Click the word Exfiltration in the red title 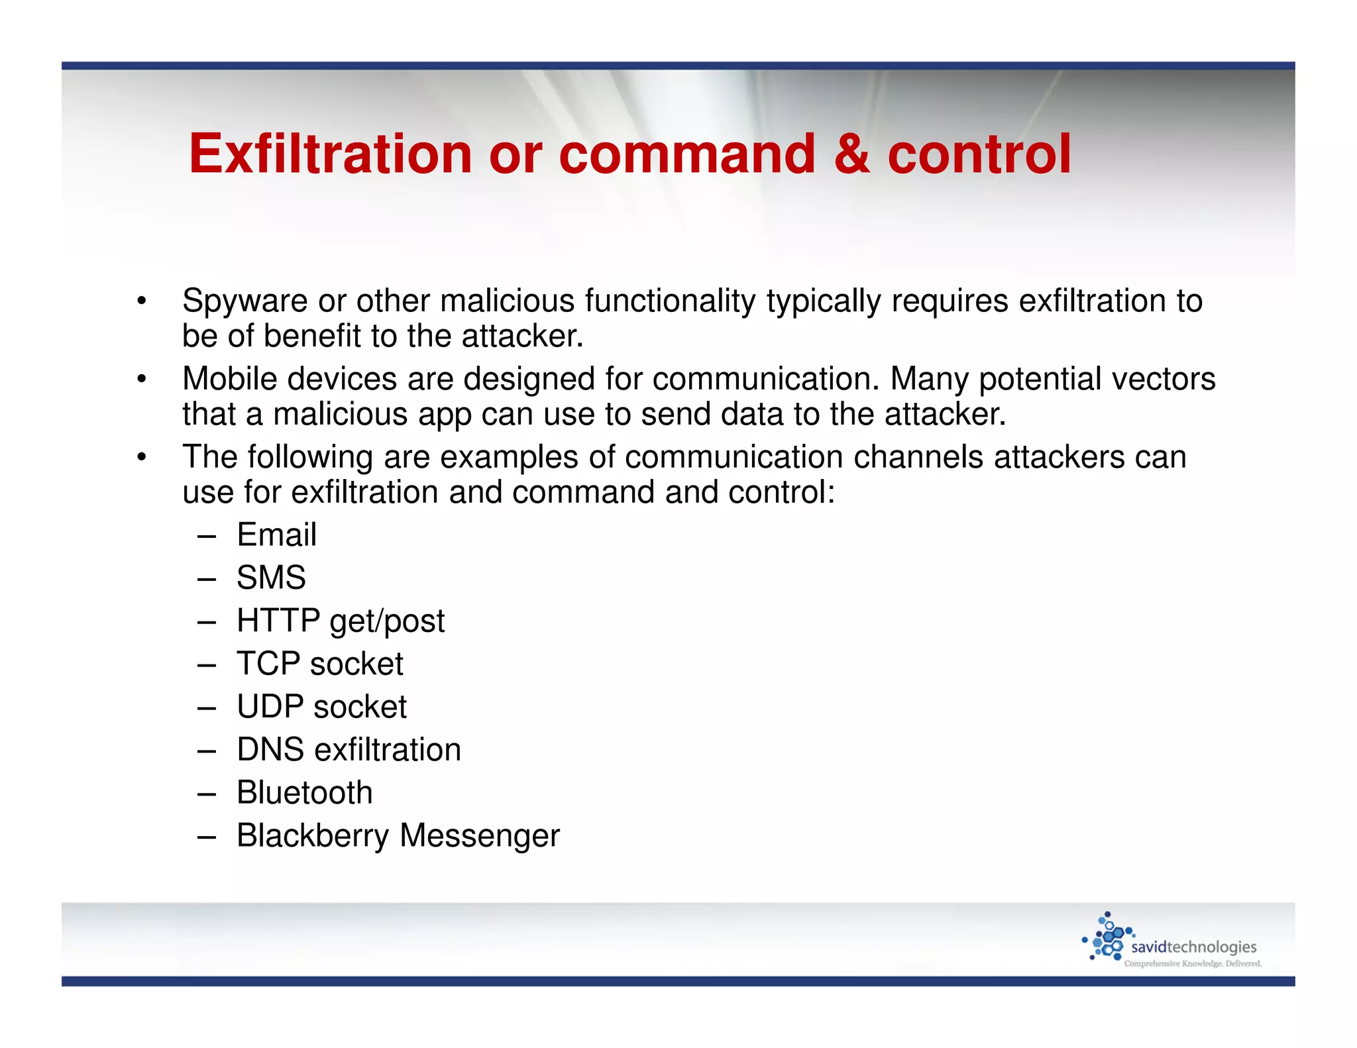(x=330, y=154)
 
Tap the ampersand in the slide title (x=851, y=154)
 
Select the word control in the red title (x=979, y=154)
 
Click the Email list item (x=276, y=535)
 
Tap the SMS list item (x=271, y=578)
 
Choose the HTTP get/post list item (x=341, y=621)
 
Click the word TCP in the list (x=268, y=664)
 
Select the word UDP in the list (x=270, y=707)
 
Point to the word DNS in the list (x=270, y=750)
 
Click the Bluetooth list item (x=304, y=793)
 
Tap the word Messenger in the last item (x=480, y=836)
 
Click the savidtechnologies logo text (x=1193, y=947)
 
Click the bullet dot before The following (x=141, y=457)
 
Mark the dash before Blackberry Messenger (x=207, y=837)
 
